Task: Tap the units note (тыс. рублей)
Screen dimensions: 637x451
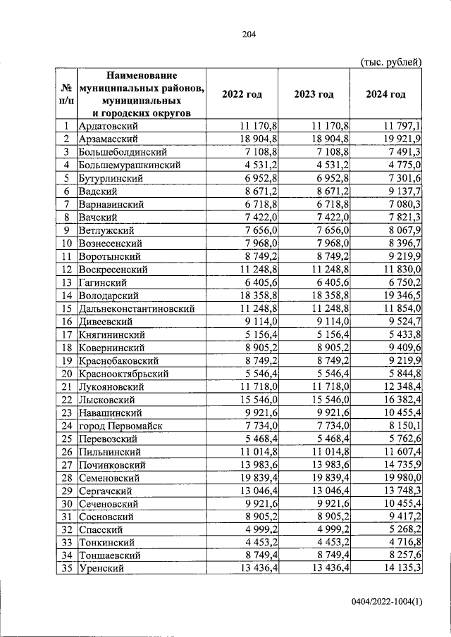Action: point(391,61)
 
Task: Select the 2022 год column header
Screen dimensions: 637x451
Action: point(242,94)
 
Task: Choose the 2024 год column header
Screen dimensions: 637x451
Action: point(385,94)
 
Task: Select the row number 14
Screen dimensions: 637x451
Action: point(66,296)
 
